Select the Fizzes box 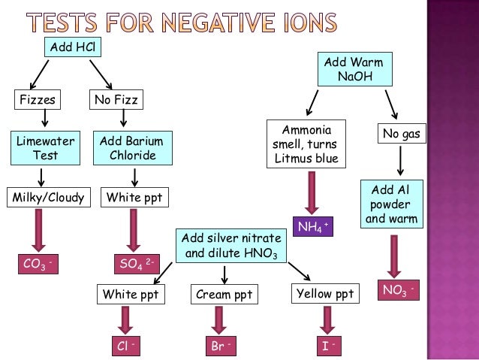pos(36,99)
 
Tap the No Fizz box pos(116,99)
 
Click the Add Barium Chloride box pos(132,148)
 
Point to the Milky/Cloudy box pos(46,198)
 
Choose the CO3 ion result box pos(38,263)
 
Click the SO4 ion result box pos(136,263)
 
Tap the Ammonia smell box pos(307,143)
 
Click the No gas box pos(401,135)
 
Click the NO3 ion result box pos(400,290)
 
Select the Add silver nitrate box pos(231,246)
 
